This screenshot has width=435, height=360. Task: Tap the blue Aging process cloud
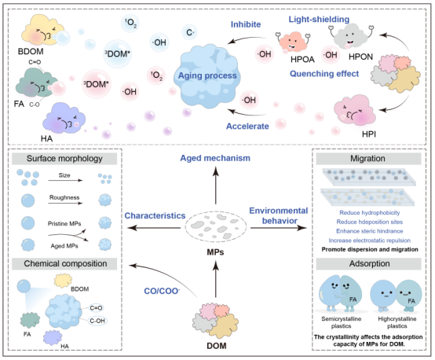pos(207,75)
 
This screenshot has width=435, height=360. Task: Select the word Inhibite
pos(246,24)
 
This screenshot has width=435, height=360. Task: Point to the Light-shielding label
pos(319,19)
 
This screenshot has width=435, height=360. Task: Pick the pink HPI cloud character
pos(355,110)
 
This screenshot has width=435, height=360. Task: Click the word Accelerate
pos(247,126)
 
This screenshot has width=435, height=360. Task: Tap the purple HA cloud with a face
pos(64,118)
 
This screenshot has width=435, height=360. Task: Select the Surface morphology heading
pos(64,159)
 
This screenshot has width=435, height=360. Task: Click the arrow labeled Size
pos(65,181)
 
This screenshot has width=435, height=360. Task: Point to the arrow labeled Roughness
pos(65,204)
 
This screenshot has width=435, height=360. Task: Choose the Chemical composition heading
pos(64,263)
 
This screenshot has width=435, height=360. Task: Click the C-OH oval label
pos(97,321)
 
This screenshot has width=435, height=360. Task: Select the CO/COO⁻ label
pos(162,291)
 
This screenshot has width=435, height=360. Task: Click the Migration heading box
pos(369,159)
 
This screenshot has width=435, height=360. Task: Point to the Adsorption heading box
pos(369,263)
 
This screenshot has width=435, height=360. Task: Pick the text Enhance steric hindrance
pos(370,231)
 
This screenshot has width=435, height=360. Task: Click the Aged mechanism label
pos(215,158)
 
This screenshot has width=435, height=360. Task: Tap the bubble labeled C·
pos(190,32)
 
